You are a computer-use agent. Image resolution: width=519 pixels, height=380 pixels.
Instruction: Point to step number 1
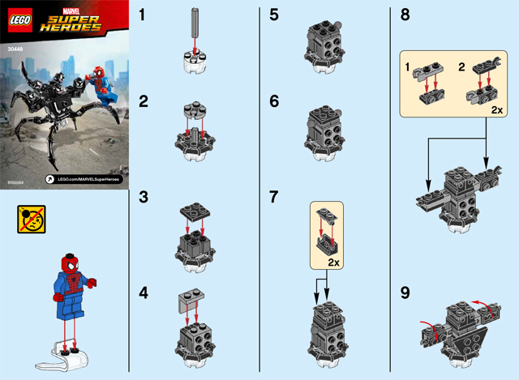coord(142,14)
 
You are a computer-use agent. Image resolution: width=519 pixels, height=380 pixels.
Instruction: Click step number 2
coord(143,102)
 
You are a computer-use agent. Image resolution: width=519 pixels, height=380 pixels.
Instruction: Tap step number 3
coord(143,197)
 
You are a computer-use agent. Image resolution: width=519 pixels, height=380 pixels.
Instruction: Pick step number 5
coord(273,14)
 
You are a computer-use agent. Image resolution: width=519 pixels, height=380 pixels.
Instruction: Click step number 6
coord(273,102)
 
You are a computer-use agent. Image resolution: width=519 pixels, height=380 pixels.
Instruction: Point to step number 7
coord(273,197)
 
